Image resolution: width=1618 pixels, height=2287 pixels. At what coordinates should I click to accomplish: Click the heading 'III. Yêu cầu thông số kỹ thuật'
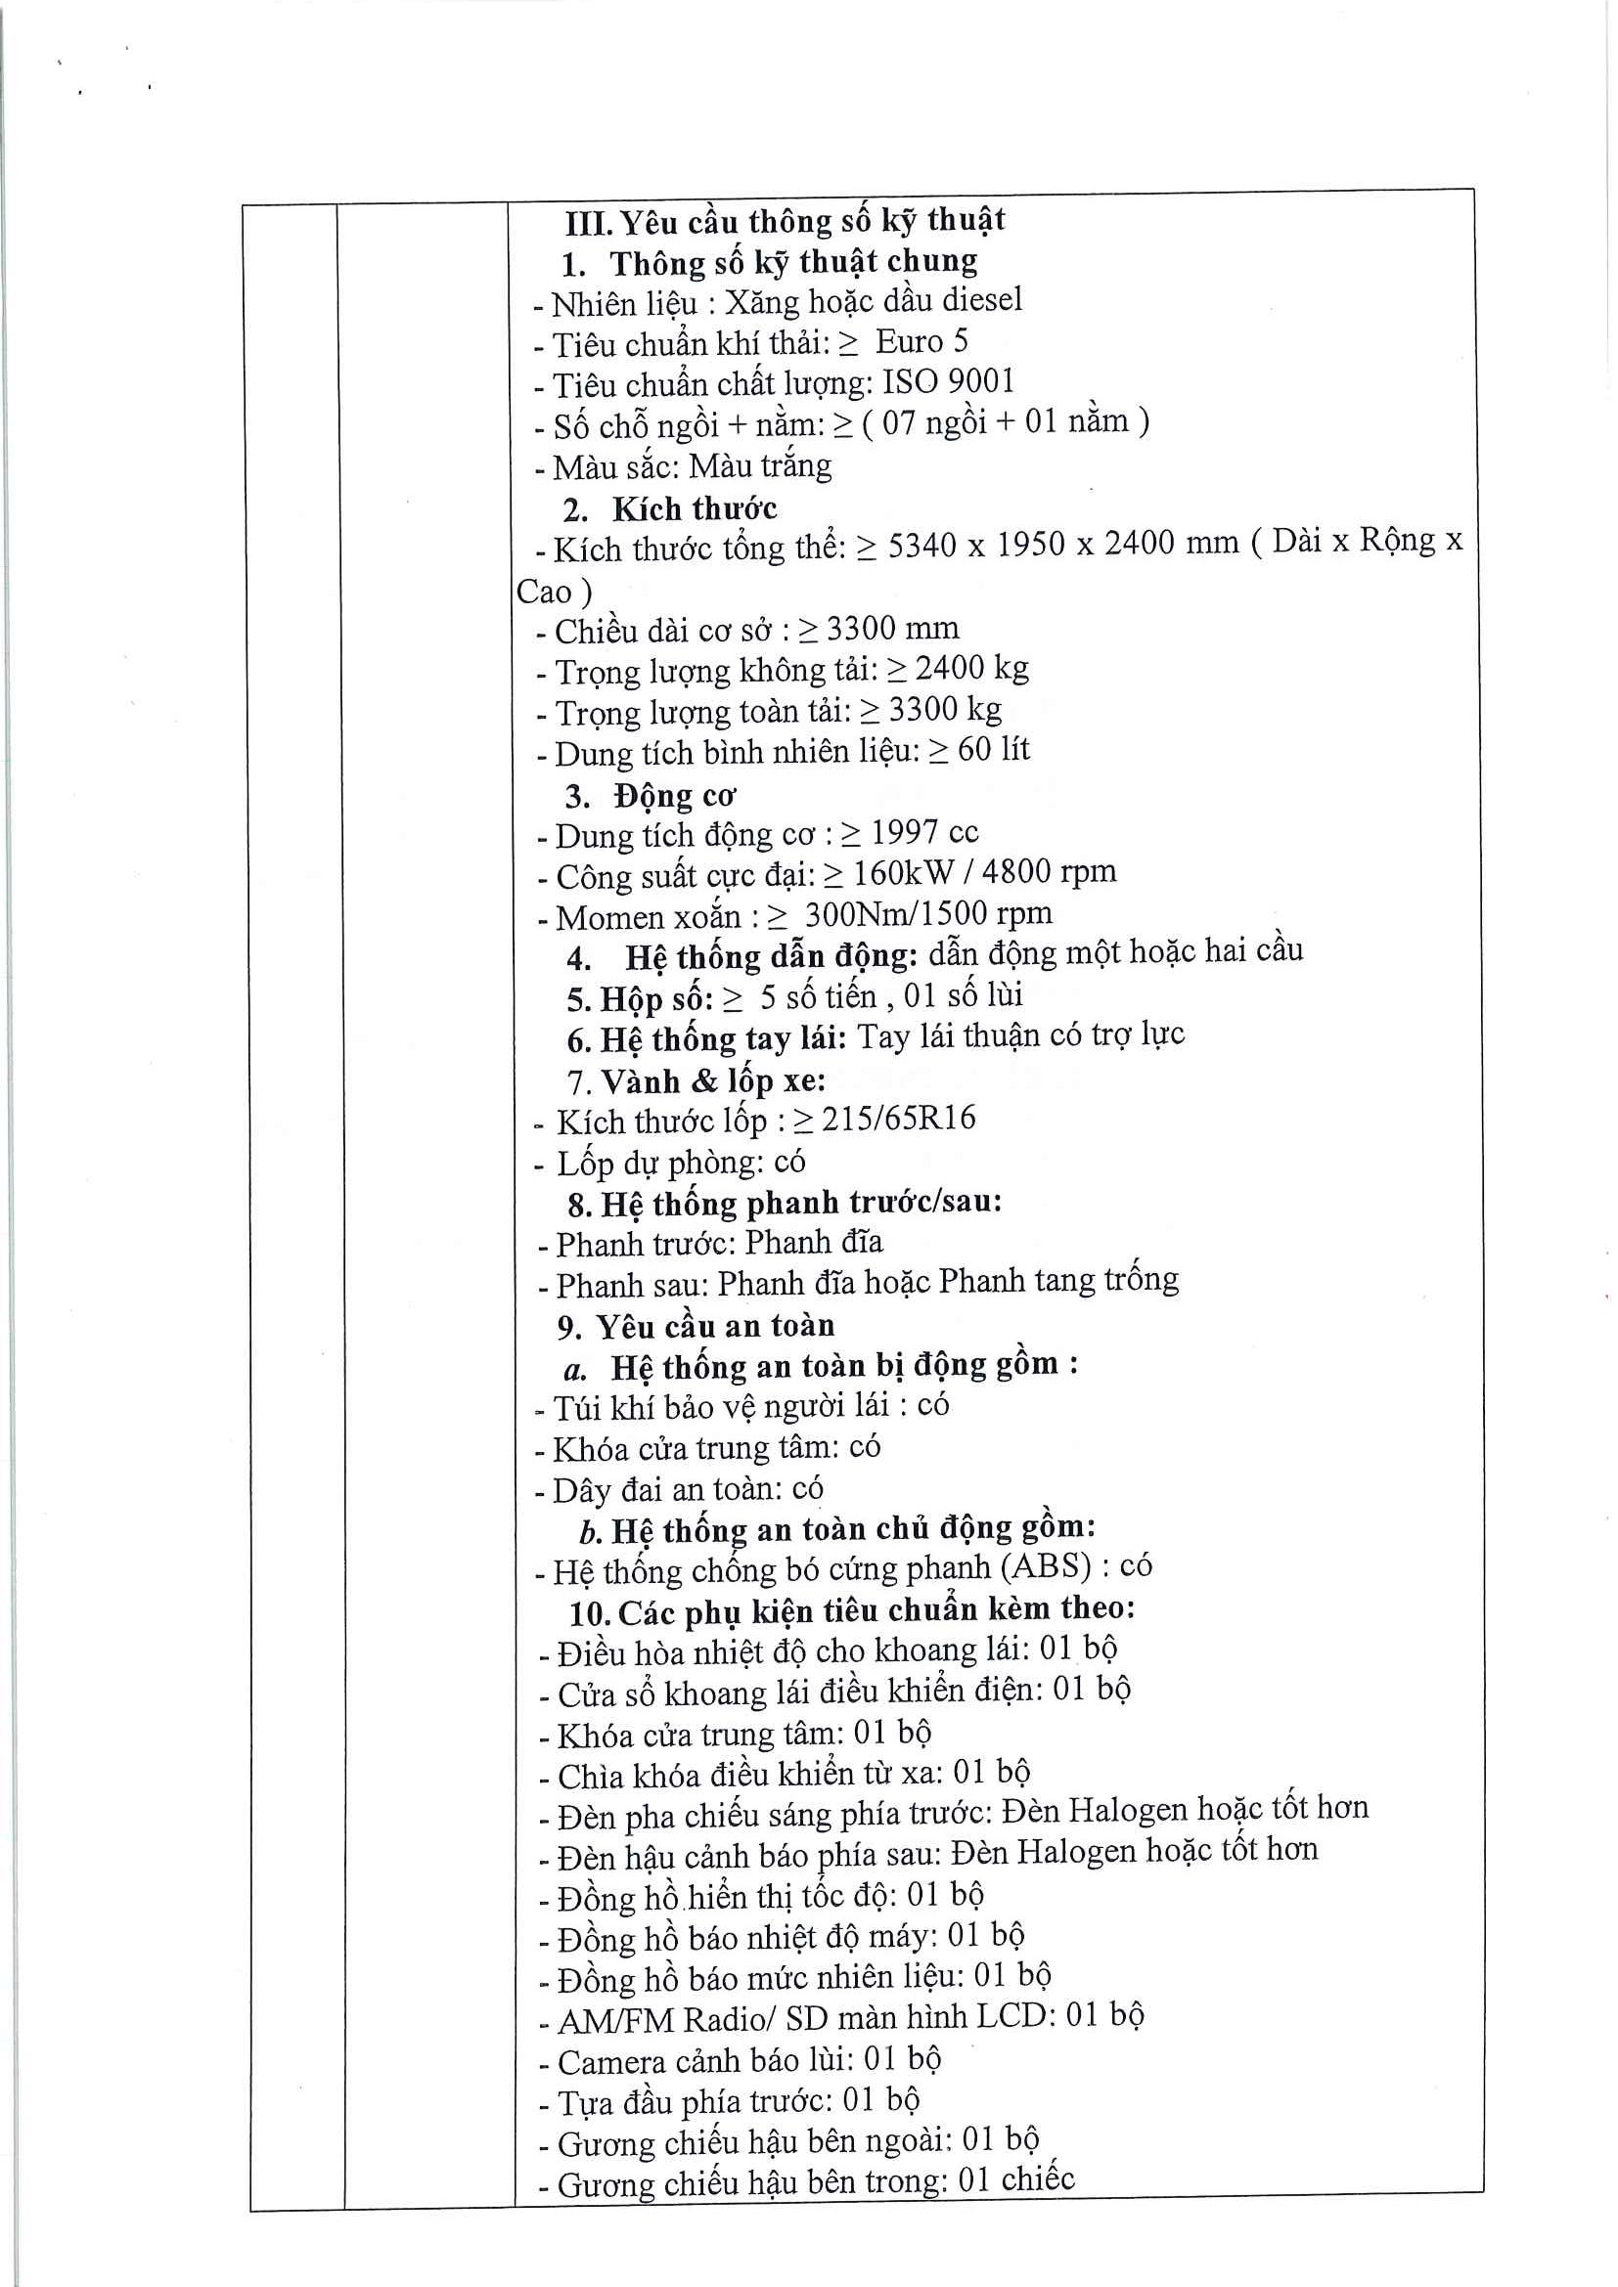pyautogui.click(x=786, y=220)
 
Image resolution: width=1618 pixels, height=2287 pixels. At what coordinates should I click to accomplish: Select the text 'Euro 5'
pyautogui.click(x=921, y=341)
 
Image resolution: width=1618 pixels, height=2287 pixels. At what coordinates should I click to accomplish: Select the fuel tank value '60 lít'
pyautogui.click(x=993, y=750)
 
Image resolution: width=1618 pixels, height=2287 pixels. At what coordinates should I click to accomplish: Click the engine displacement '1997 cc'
pyautogui.click(x=924, y=833)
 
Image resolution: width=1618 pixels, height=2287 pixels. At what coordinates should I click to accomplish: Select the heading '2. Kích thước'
pyautogui.click(x=669, y=509)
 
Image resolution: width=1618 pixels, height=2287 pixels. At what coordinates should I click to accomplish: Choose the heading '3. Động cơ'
pyautogui.click(x=650, y=796)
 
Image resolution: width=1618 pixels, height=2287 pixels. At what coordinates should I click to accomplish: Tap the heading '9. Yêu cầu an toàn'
pyautogui.click(x=696, y=1326)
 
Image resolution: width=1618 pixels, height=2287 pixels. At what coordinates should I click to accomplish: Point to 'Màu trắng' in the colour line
pyautogui.click(x=760, y=466)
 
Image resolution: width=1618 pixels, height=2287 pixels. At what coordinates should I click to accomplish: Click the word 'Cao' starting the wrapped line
pyautogui.click(x=544, y=592)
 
